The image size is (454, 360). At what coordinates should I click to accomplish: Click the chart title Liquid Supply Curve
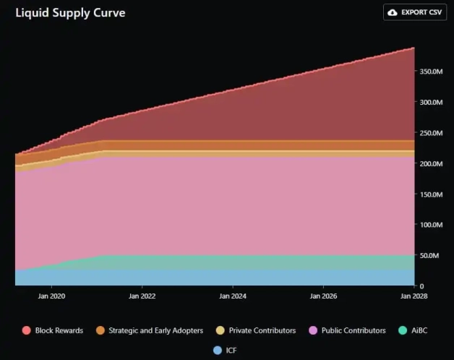pyautogui.click(x=70, y=13)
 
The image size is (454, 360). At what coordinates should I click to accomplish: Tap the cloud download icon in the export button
pyautogui.click(x=393, y=12)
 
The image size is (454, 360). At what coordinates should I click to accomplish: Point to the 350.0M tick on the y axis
pyautogui.click(x=429, y=72)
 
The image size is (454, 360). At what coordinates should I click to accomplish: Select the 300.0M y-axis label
pyautogui.click(x=429, y=103)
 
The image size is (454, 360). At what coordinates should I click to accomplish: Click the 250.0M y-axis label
pyautogui.click(x=429, y=133)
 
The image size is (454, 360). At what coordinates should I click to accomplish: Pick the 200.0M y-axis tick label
pyautogui.click(x=429, y=164)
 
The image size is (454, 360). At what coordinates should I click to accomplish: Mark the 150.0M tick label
pyautogui.click(x=429, y=194)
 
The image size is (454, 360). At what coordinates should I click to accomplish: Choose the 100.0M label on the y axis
pyautogui.click(x=429, y=225)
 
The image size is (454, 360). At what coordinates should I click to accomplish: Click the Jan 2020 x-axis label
pyautogui.click(x=52, y=296)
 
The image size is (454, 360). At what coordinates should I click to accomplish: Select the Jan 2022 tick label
pyautogui.click(x=142, y=296)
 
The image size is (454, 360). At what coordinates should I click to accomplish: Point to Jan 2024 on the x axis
pyautogui.click(x=233, y=296)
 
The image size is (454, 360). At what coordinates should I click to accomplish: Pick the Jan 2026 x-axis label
pyautogui.click(x=323, y=296)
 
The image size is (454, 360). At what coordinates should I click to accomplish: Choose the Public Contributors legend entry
pyautogui.click(x=352, y=330)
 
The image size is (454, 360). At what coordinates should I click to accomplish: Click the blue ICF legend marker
pyautogui.click(x=218, y=350)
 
